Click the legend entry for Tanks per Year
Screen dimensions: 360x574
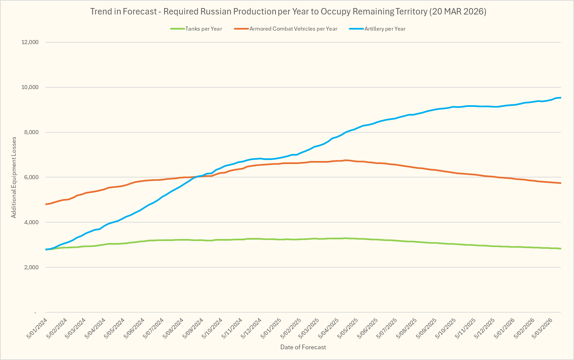click(203, 29)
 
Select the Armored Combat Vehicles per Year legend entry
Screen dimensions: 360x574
click(293, 29)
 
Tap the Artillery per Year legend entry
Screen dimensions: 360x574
click(385, 29)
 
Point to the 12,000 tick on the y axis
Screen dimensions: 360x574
click(30, 42)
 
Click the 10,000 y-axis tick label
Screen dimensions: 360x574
click(30, 87)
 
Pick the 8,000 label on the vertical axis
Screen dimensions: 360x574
click(32, 132)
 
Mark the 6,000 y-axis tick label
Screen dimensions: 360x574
click(32, 177)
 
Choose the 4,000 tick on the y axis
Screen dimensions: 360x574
click(32, 223)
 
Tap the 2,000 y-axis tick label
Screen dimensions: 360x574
click(32, 268)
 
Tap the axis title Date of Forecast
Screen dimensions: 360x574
click(303, 347)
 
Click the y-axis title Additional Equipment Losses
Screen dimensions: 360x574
click(14, 177)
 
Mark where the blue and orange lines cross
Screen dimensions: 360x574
click(198, 176)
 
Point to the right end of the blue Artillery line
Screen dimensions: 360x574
click(561, 98)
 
